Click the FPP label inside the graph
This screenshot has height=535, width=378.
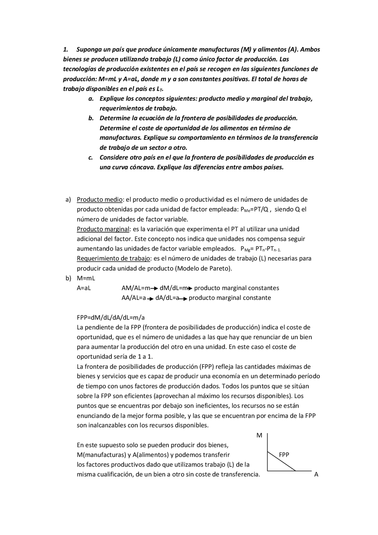[284, 455]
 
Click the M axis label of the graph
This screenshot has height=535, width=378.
[259, 435]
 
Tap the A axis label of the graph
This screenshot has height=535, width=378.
[316, 474]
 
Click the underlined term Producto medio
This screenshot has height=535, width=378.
[100, 199]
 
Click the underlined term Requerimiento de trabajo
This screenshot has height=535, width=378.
[113, 258]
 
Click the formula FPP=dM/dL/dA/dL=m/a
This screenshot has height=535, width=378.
[111, 318]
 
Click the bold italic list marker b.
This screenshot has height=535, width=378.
[91, 118]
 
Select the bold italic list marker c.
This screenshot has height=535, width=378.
[91, 157]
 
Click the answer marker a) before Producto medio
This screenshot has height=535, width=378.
[68, 199]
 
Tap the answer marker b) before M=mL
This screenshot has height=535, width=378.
[68, 278]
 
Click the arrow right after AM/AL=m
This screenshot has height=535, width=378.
[155, 288]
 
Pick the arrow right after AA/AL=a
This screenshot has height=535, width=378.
[151, 298]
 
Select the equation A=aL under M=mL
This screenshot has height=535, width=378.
[84, 288]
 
